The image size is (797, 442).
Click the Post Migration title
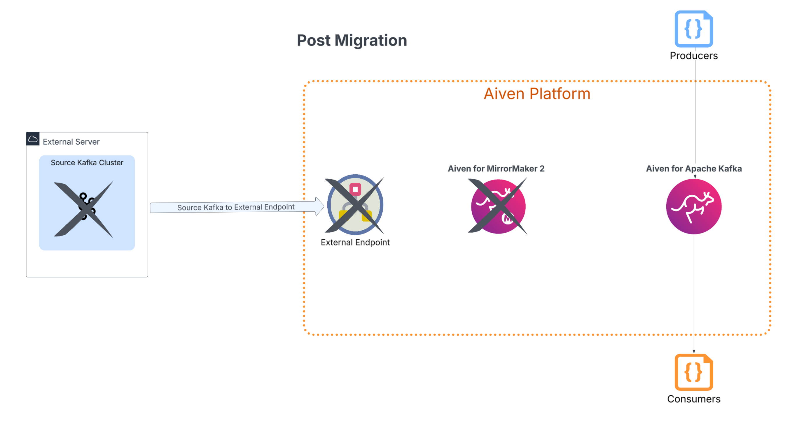pyautogui.click(x=352, y=41)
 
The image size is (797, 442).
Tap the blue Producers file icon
pyautogui.click(x=694, y=29)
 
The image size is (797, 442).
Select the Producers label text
pyautogui.click(x=694, y=56)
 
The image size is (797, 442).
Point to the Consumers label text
pyautogui.click(x=694, y=399)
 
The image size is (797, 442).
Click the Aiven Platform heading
pyautogui.click(x=537, y=94)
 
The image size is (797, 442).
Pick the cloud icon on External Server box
pyautogui.click(x=33, y=139)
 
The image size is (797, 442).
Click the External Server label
pyautogui.click(x=71, y=142)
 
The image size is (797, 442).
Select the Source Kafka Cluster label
pyautogui.click(x=87, y=163)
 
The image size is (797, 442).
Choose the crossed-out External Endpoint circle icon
pyautogui.click(x=355, y=205)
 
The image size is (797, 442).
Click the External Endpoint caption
pyautogui.click(x=355, y=242)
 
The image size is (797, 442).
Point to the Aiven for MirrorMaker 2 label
pyautogui.click(x=496, y=169)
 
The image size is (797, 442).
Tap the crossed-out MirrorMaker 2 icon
pyautogui.click(x=498, y=206)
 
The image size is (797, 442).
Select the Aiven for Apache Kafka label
pyautogui.click(x=694, y=169)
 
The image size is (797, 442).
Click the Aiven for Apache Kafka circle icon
pyautogui.click(x=694, y=206)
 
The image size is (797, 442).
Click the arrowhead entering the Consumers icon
pyautogui.click(x=694, y=351)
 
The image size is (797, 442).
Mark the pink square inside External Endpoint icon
pyautogui.click(x=355, y=189)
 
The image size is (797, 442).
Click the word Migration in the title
pyautogui.click(x=371, y=41)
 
